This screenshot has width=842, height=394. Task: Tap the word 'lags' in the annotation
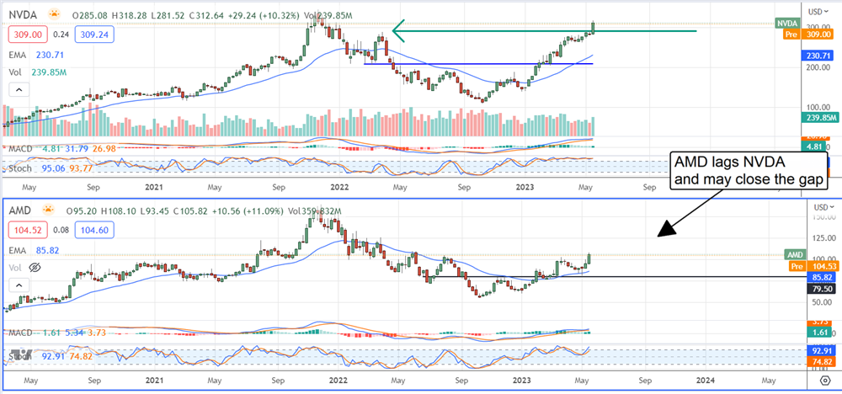tap(721, 162)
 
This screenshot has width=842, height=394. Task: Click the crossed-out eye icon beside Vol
tap(35, 267)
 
